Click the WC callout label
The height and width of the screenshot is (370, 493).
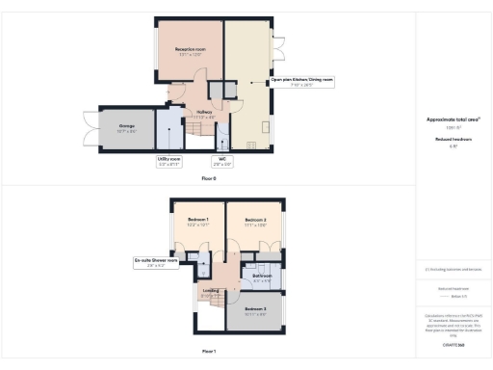pos(221,162)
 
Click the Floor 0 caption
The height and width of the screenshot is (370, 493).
pos(209,179)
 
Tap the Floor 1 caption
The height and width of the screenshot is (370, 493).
pos(209,352)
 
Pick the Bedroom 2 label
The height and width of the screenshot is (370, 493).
pos(255,222)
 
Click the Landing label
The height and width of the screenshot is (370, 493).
pos(210,288)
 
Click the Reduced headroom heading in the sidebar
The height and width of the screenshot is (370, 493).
pos(453,140)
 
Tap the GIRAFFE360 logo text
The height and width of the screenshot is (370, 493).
pos(453,343)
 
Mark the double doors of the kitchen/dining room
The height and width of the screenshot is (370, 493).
pos(278,45)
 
